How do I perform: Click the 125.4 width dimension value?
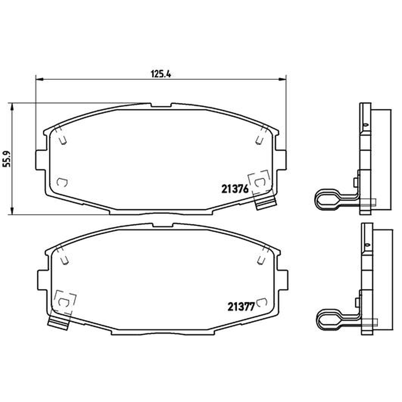(x=160, y=74)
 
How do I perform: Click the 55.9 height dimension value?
(x=7, y=159)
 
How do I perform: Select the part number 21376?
(x=235, y=189)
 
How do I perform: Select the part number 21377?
(x=241, y=307)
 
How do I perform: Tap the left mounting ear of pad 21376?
(x=41, y=160)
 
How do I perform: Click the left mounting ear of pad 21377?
(x=43, y=280)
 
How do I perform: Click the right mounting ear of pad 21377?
(x=282, y=280)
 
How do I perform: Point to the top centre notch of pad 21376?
(x=161, y=105)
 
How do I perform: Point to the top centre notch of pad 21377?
(x=163, y=225)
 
